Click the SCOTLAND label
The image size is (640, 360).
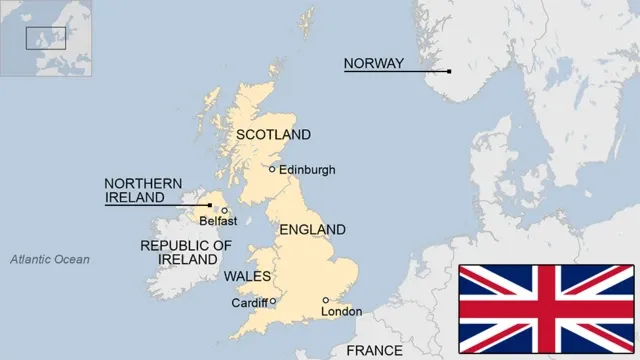click(273, 135)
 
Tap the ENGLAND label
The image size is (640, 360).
click(312, 230)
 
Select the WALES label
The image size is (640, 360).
click(245, 275)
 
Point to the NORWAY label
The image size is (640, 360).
click(374, 64)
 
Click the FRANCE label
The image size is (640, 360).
click(374, 351)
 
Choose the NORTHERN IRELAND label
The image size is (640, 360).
click(144, 191)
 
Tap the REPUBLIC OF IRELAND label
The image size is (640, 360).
click(186, 252)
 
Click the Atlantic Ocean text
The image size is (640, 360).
click(50, 260)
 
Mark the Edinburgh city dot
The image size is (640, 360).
click(272, 169)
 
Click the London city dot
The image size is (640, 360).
click(325, 300)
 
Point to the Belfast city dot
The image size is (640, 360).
click(224, 210)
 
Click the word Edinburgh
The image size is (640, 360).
click(307, 170)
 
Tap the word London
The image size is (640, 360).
click(341, 312)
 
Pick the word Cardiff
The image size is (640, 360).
click(249, 303)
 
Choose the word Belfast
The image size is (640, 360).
click(218, 221)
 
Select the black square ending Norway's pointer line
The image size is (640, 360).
click(449, 71)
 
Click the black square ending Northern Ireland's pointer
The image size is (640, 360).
click(209, 205)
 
